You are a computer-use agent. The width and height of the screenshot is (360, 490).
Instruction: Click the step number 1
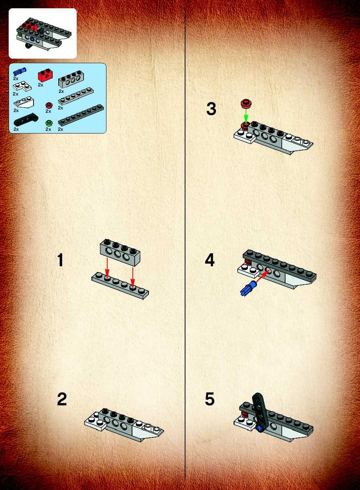coord(61,260)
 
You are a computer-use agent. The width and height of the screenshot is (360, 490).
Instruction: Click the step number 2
coord(62,399)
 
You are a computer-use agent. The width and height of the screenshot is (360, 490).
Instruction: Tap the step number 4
coord(210,260)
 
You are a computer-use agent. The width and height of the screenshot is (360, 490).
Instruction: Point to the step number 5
coord(210,399)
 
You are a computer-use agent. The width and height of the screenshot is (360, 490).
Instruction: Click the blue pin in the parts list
coord(20,71)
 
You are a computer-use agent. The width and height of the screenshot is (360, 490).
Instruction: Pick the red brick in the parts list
coord(45,76)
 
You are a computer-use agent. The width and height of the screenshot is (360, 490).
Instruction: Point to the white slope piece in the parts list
coord(24,102)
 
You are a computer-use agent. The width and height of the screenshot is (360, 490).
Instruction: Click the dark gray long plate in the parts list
coord(81,116)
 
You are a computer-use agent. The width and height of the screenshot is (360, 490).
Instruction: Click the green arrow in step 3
coord(246,116)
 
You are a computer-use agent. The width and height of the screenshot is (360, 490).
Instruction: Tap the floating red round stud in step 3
coord(246,103)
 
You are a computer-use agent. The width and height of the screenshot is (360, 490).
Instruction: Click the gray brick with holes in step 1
coord(120,252)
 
